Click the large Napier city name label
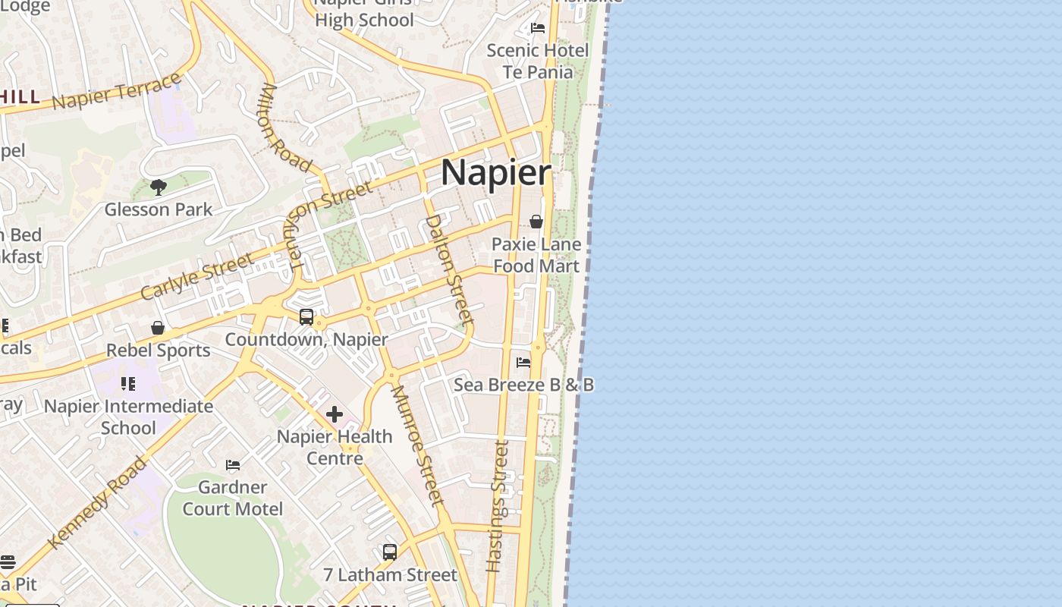[x=496, y=173]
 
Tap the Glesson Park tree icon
[x=159, y=187]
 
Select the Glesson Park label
[x=159, y=209]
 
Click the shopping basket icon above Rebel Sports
[x=158, y=328]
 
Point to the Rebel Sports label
[x=158, y=351]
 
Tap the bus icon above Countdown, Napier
[x=306, y=317]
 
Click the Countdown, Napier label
[x=306, y=339]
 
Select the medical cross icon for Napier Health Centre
[x=335, y=414]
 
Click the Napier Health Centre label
[x=335, y=447]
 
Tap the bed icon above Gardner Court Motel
[x=233, y=464]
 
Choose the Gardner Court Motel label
[x=233, y=498]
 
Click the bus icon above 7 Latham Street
[x=390, y=552]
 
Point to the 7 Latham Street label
[x=390, y=575]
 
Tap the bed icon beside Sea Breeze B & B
[x=523, y=363]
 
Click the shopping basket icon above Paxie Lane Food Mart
[x=536, y=222]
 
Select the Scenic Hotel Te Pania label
[x=537, y=61]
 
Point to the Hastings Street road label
[x=497, y=506]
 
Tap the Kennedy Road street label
[x=96, y=502]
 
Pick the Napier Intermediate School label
[x=128, y=417]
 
